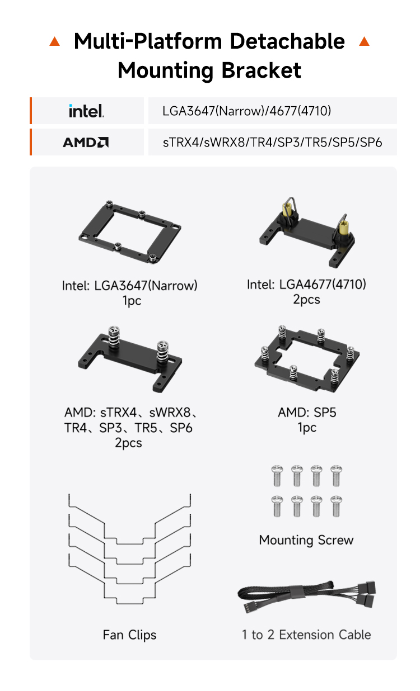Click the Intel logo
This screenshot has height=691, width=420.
pos(86,111)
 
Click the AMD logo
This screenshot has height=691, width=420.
pos(86,142)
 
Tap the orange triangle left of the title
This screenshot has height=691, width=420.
pos(55,41)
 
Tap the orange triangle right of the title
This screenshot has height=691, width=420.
pos(365,41)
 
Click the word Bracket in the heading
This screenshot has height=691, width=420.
pos(261,70)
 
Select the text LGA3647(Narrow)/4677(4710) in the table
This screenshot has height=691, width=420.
pos(246,111)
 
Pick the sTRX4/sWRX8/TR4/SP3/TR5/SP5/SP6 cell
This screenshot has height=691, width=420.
pos(272,143)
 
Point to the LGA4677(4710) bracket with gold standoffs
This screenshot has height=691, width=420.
pos(307,232)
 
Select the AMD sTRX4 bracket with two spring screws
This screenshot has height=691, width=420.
pos(130,359)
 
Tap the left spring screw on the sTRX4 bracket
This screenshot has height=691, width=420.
pos(114,337)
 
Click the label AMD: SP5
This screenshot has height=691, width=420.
pos(307,413)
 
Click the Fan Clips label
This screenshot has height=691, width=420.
pos(129,635)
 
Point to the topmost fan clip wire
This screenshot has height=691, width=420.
pos(130,544)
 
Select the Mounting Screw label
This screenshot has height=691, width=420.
pos(306,540)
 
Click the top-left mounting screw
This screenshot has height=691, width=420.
pos(277,476)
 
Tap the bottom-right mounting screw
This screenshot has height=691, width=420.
pos(336,506)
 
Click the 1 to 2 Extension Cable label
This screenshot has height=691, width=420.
pos(306,635)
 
